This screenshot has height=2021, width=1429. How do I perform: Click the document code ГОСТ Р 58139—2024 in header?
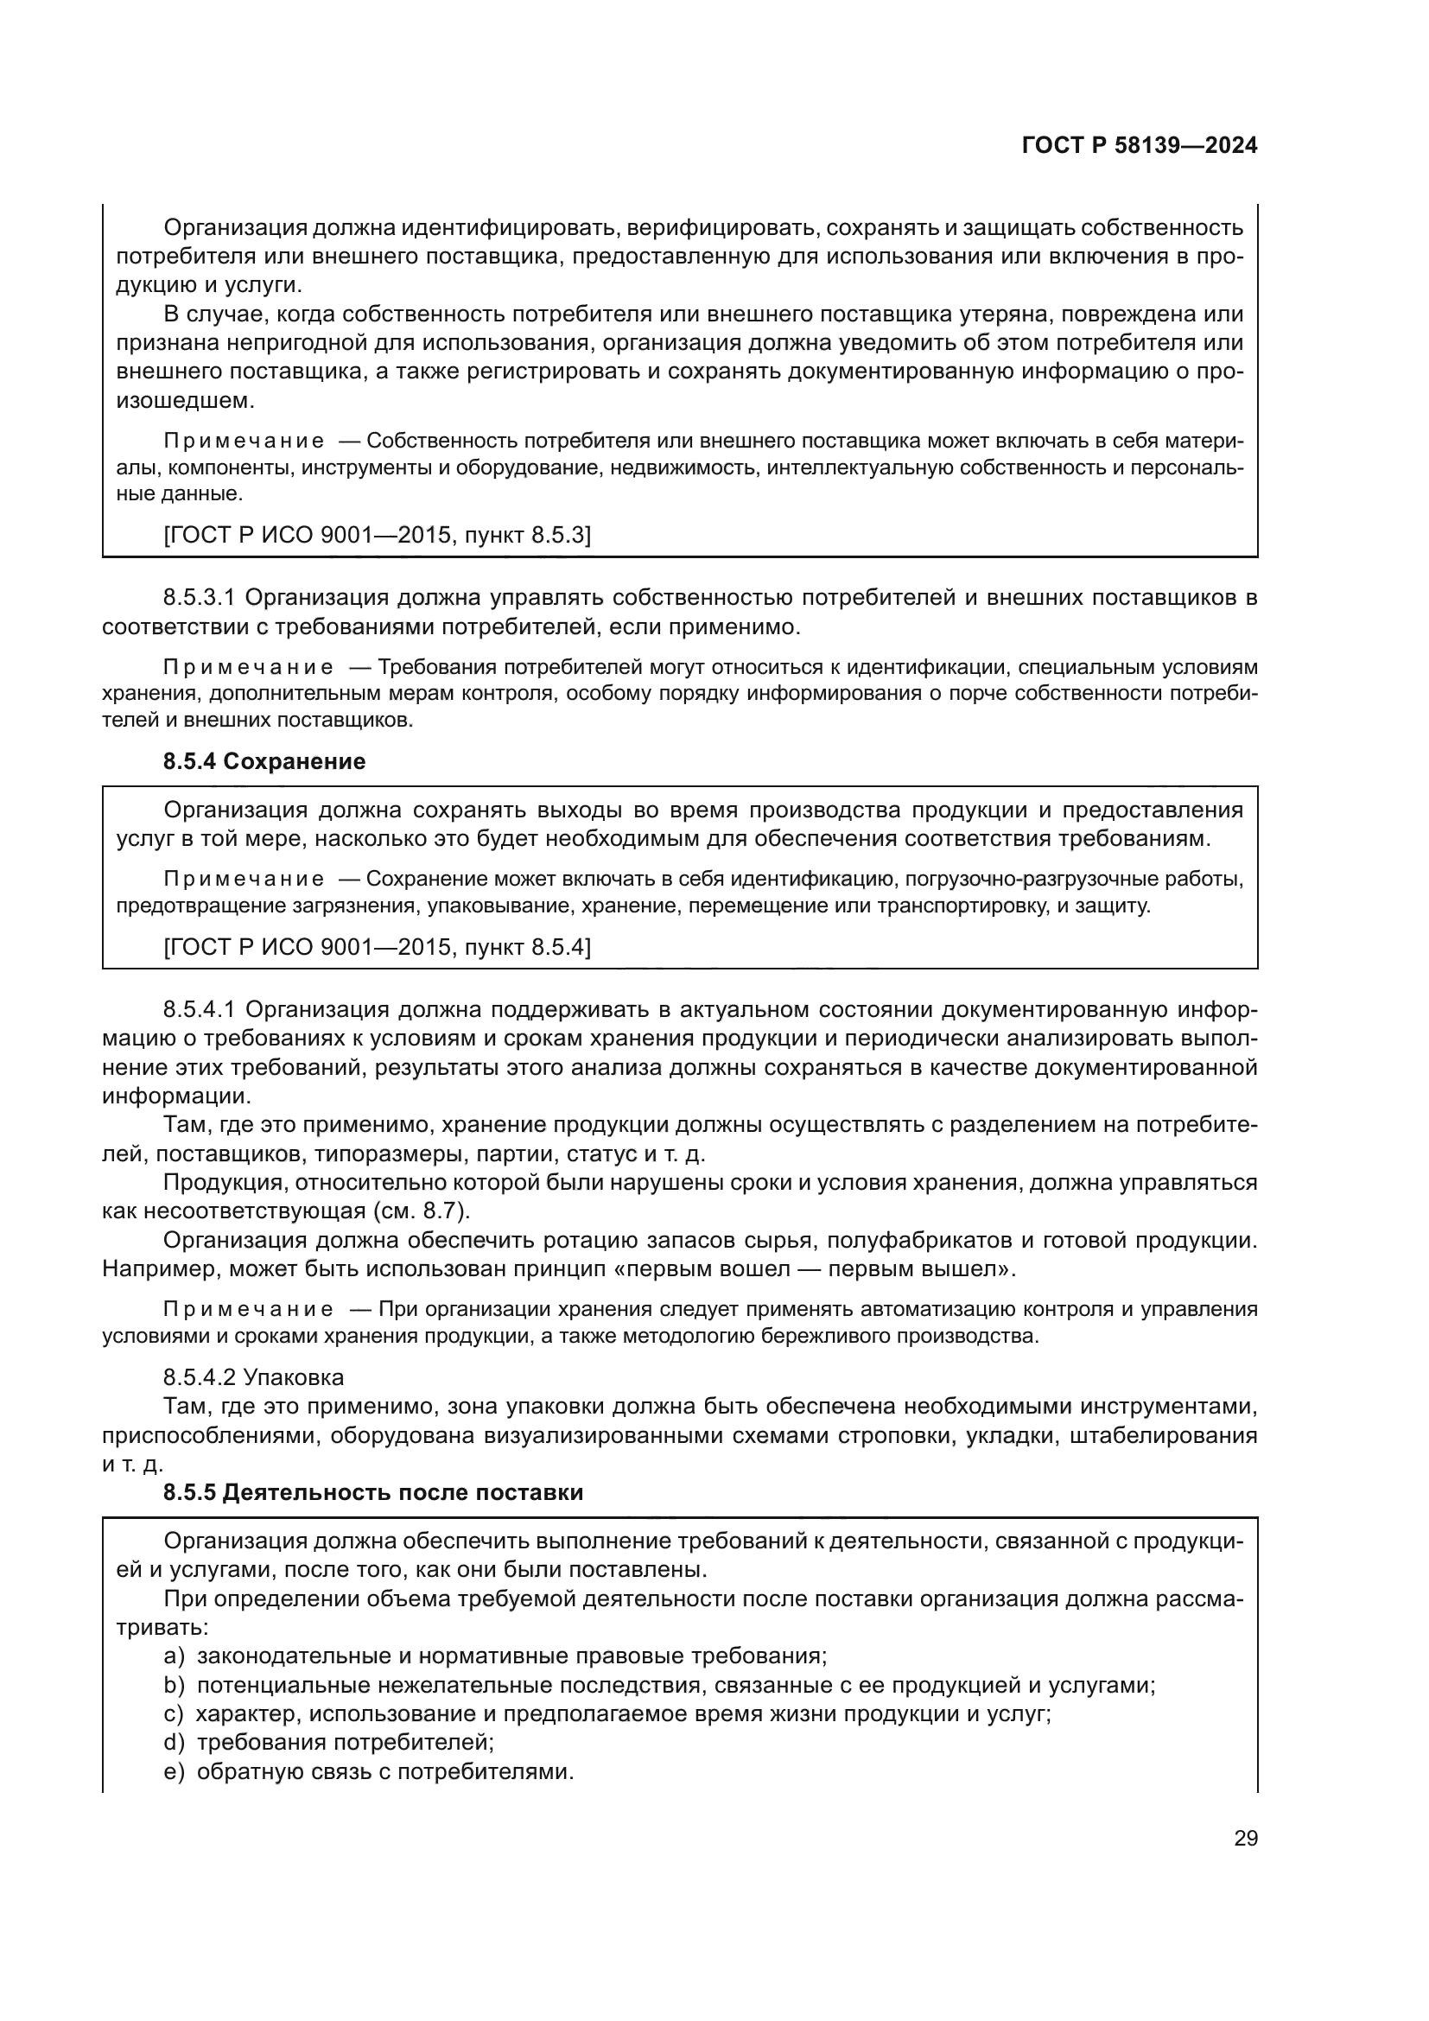click(x=1139, y=146)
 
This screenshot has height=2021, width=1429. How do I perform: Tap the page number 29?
click(x=1245, y=1839)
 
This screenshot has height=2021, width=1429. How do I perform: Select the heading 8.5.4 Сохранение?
click(x=264, y=761)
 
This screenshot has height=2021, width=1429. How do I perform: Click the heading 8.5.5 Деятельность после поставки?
click(x=373, y=1492)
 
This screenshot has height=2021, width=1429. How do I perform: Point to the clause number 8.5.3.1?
click(x=199, y=598)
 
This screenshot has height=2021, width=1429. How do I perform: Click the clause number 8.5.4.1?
click(x=199, y=1008)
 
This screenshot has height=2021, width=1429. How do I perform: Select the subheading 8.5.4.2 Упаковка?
click(x=253, y=1376)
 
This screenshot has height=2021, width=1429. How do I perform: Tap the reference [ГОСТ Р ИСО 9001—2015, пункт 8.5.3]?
click(x=377, y=535)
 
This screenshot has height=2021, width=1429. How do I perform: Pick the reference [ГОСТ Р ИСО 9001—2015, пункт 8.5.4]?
click(x=377, y=947)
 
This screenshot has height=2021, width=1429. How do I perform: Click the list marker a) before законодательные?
click(x=175, y=1656)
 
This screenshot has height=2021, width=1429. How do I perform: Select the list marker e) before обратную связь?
click(x=175, y=1772)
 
